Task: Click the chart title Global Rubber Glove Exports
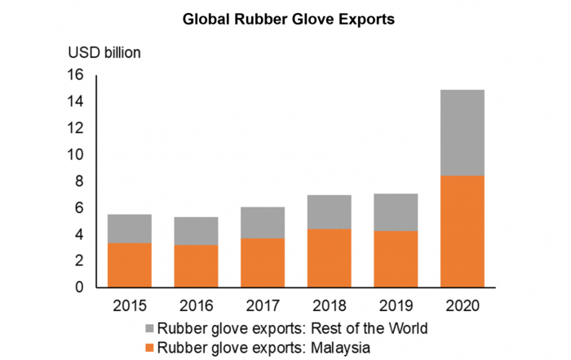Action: tap(288, 19)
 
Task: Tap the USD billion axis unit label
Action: tap(104, 53)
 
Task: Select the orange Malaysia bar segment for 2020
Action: tap(463, 231)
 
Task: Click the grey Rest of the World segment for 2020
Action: tap(463, 132)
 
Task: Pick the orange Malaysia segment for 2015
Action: tap(129, 264)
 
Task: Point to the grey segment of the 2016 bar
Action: tap(196, 231)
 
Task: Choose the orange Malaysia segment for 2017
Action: tap(263, 262)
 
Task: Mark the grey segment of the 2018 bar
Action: tap(330, 212)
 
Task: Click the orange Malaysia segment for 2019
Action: tap(396, 259)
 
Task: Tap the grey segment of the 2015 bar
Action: tap(129, 229)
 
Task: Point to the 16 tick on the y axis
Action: tap(76, 75)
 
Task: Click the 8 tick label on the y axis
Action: tap(80, 181)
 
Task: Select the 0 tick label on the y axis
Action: tap(80, 287)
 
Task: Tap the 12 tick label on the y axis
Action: tap(76, 128)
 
